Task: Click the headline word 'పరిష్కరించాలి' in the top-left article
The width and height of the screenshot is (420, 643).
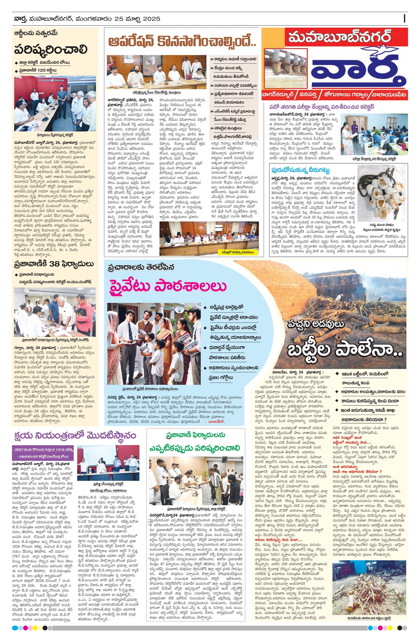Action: (51, 50)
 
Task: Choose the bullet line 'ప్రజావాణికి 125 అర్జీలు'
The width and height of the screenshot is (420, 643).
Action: (38, 71)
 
